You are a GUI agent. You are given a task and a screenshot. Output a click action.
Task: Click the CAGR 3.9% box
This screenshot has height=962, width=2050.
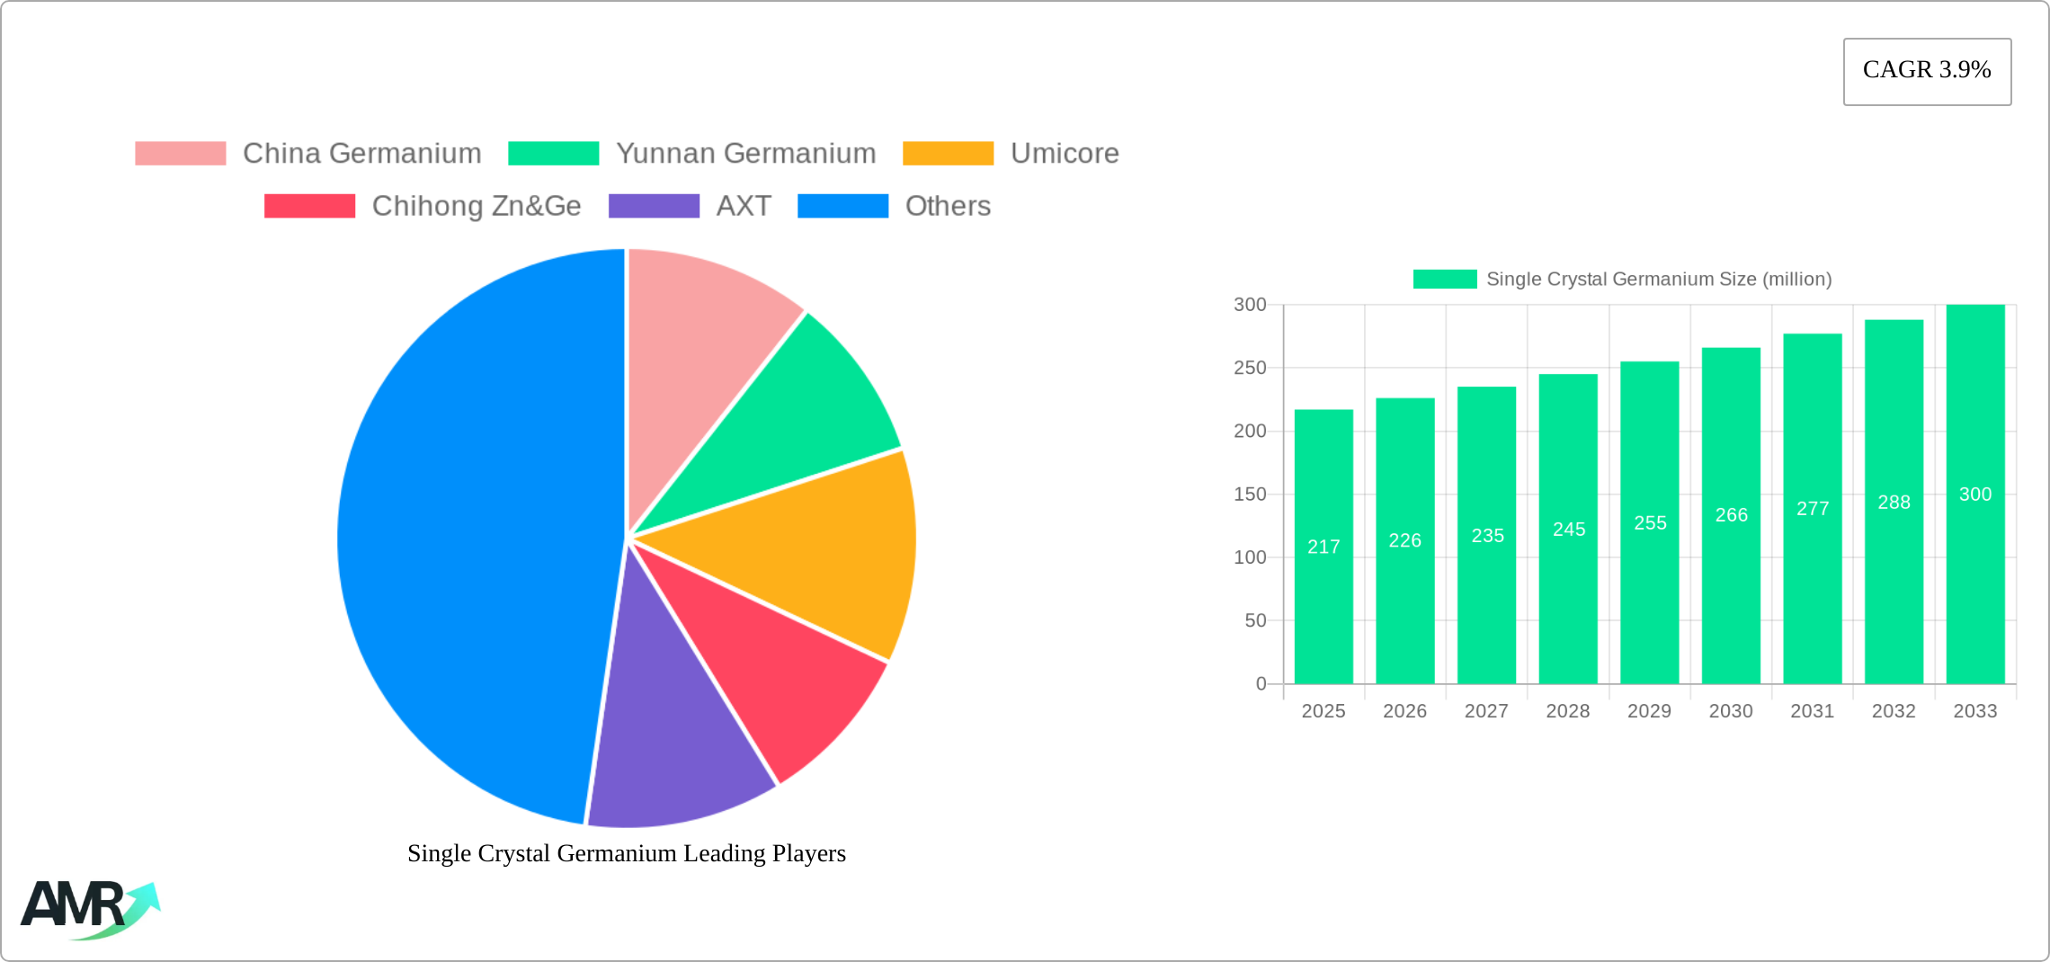pyautogui.click(x=1927, y=71)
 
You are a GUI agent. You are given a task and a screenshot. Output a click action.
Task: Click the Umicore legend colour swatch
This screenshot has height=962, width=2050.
pyautogui.click(x=948, y=154)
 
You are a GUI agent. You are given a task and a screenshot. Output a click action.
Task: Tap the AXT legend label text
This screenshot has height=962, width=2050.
pyautogui.click(x=744, y=206)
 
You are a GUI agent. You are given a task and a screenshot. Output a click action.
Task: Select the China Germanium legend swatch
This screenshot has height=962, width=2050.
pyautogui.click(x=180, y=154)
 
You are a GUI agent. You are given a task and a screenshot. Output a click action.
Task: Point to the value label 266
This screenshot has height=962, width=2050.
pyautogui.click(x=1731, y=515)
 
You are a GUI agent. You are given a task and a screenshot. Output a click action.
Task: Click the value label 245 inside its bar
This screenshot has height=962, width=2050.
pyautogui.click(x=1569, y=530)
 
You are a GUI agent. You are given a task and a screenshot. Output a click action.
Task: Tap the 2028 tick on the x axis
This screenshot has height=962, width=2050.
pyautogui.click(x=1568, y=711)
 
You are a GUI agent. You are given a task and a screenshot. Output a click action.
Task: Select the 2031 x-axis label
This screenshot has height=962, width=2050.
pyautogui.click(x=1812, y=711)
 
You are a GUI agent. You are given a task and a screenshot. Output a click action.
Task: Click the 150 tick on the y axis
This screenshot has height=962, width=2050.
pyautogui.click(x=1250, y=494)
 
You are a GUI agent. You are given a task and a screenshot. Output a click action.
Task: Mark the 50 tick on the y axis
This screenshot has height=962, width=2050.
pyautogui.click(x=1255, y=620)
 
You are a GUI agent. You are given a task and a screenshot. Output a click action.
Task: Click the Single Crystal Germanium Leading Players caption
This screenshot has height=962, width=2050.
pyautogui.click(x=627, y=853)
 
